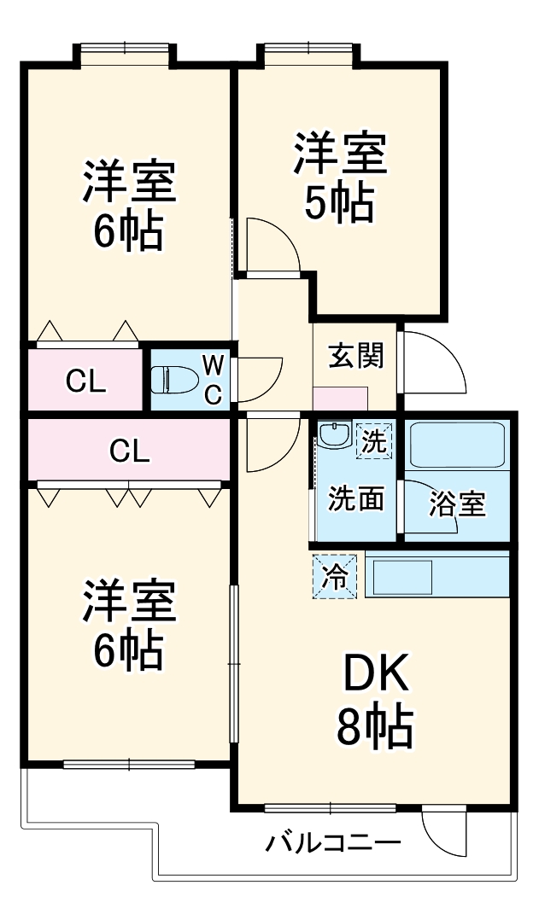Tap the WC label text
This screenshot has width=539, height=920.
pos(213,378)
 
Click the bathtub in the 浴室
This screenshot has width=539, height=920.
pos(458,445)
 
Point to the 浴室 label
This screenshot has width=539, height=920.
pos(457,504)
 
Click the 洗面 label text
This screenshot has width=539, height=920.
pos(356,498)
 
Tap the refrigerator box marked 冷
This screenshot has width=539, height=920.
pos(335,575)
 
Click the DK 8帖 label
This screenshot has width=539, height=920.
pos(377,700)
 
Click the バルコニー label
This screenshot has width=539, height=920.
pos(333,844)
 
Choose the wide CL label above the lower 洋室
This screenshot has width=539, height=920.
pos(130,451)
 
